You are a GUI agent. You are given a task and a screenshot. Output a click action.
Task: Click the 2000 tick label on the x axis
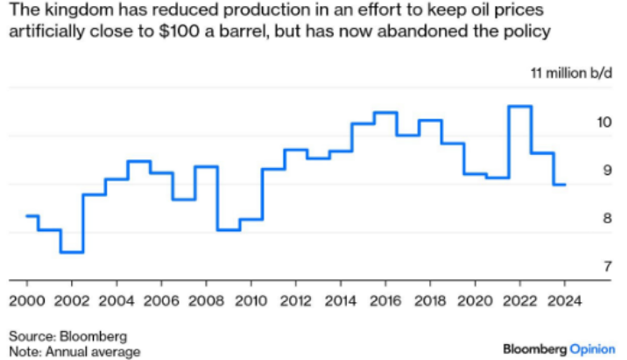26,297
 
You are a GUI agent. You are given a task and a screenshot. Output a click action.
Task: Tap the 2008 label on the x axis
206,297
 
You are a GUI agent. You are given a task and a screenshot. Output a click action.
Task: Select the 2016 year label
386,297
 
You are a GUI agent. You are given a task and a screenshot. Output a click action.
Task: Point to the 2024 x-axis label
565,297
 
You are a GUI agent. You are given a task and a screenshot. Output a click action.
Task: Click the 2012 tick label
296,297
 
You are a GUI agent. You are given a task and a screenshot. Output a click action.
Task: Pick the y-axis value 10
603,122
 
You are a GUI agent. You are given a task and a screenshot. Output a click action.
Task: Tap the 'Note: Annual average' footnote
74,351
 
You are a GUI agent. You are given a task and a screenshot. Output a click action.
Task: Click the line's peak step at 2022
520,106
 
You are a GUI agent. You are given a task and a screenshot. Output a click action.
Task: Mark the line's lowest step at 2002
72,252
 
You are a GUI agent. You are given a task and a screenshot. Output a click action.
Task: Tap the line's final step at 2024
560,185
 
